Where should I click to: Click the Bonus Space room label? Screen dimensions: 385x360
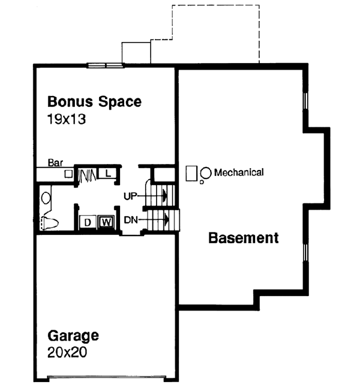[x=94, y=101]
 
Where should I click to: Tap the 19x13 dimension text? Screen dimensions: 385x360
[x=67, y=119]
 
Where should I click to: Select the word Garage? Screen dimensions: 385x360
[x=73, y=335]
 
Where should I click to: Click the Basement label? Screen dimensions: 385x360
[x=243, y=238]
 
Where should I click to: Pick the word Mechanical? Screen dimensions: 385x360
[x=238, y=172]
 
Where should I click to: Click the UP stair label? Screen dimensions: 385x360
[x=131, y=195]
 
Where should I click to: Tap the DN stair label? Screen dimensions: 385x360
[x=131, y=220]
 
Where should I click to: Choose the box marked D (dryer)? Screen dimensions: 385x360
[x=88, y=222]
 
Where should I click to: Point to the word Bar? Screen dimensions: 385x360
[x=56, y=163]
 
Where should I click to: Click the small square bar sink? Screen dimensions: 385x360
[x=68, y=174]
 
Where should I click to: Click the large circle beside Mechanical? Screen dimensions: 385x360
[x=205, y=173]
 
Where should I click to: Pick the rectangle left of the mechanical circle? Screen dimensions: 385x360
[x=191, y=173]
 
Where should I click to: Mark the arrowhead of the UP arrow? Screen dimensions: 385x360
[x=163, y=195]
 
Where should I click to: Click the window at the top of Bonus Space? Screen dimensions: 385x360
[x=105, y=65]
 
